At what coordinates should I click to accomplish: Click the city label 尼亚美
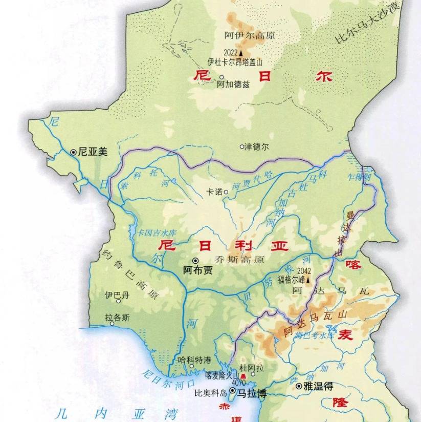point(93,152)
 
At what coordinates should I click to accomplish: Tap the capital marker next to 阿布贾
point(195,260)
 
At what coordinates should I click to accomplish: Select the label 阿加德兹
point(233,85)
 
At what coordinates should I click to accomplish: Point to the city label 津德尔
point(257,146)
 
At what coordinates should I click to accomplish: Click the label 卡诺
point(214,192)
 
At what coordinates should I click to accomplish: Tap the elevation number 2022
point(230,53)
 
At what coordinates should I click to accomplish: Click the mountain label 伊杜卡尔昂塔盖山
point(241,62)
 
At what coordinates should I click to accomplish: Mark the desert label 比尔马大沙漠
point(365,25)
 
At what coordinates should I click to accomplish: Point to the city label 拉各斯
point(117,318)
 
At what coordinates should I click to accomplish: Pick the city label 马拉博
point(253,393)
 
